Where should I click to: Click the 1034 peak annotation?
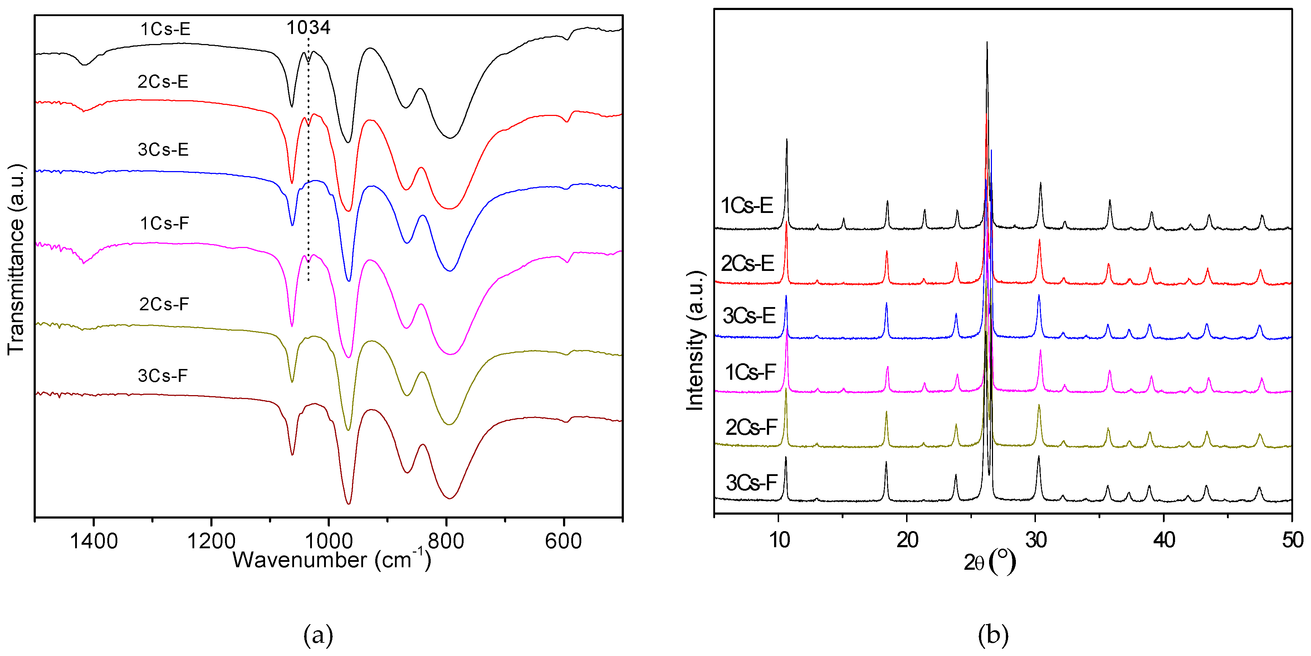point(308,28)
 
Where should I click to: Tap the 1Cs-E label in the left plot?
point(165,29)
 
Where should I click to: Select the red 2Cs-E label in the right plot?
point(747,263)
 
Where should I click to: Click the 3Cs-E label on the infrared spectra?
point(163,149)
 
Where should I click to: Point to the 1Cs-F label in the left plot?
point(165,223)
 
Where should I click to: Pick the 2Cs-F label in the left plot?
point(164,304)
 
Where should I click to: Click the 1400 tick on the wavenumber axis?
point(94,541)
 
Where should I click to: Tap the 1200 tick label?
point(211,541)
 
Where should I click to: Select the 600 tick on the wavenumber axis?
point(563,541)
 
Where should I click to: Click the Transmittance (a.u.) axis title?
point(16,260)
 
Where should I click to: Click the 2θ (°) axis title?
point(989,562)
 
